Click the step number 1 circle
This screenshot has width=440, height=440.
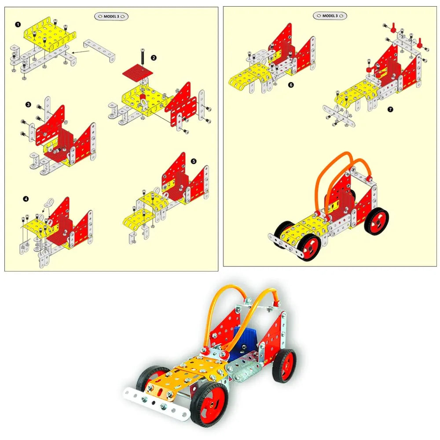(x=18, y=24)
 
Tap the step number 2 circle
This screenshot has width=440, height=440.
(x=154, y=58)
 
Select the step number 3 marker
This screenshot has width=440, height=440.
(x=28, y=104)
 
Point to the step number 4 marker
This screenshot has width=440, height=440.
(x=26, y=199)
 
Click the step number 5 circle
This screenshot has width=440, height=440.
(x=194, y=161)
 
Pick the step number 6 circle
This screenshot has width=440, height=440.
(x=291, y=85)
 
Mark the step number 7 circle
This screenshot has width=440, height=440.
(x=390, y=110)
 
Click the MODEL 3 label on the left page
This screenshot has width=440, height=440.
(x=111, y=16)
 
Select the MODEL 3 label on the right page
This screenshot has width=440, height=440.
(x=330, y=16)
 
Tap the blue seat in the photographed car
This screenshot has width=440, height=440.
(x=245, y=341)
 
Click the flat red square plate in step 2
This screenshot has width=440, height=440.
(x=138, y=72)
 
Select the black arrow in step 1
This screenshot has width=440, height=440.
(x=81, y=51)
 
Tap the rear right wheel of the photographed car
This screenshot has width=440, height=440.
(x=284, y=366)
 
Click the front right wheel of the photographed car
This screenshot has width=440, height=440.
(x=209, y=403)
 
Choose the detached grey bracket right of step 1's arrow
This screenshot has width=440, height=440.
(x=99, y=51)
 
